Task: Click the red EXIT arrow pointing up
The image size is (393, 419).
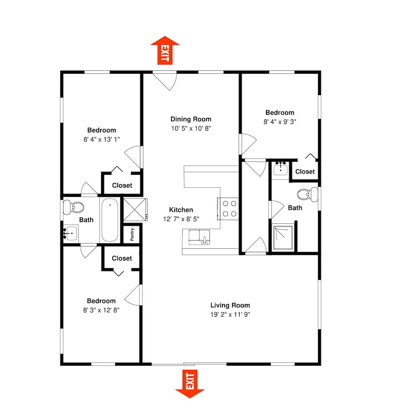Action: (x=165, y=50)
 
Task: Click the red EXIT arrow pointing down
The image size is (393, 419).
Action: (x=190, y=384)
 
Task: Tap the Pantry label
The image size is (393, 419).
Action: (x=132, y=234)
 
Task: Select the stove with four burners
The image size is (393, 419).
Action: (x=228, y=209)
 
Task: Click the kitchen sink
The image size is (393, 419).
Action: (x=199, y=237)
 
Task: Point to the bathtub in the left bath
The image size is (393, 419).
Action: (x=109, y=220)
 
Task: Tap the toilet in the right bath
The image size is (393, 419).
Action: (x=308, y=194)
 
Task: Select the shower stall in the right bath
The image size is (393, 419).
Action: (x=283, y=238)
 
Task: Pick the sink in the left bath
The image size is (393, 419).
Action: (x=70, y=233)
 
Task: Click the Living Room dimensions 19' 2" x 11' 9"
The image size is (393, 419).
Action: (x=230, y=315)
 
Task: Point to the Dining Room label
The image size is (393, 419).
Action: (x=191, y=119)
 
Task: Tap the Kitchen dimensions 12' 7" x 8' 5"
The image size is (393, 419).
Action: (x=181, y=219)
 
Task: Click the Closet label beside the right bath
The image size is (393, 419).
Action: (x=305, y=171)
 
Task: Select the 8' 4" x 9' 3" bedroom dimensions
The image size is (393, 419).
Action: (x=280, y=122)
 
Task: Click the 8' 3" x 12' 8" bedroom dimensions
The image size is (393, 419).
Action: (x=101, y=310)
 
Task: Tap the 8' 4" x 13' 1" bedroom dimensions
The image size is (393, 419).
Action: (x=101, y=140)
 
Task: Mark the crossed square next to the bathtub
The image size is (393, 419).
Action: (x=135, y=209)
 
